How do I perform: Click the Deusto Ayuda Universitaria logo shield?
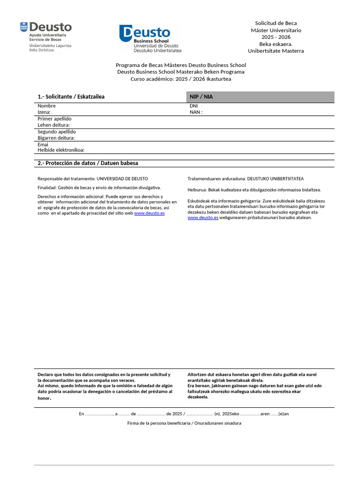[x=24, y=27]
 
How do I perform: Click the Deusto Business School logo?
[x=150, y=38]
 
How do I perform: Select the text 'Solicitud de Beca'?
[x=276, y=23]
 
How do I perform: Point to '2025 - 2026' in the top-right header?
[x=276, y=37]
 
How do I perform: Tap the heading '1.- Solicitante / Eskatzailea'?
[x=71, y=97]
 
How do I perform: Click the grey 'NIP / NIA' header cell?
[x=260, y=97]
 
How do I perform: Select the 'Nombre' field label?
[x=46, y=106]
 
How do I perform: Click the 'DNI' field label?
[x=194, y=106]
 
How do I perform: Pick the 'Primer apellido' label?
[x=54, y=119]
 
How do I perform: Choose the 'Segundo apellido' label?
[x=56, y=132]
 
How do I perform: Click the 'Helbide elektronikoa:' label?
[x=60, y=150]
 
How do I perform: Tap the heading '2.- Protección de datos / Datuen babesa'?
[x=88, y=163]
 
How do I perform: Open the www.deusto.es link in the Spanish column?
[x=149, y=213]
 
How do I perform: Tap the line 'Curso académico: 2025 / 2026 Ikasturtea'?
[x=180, y=79]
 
